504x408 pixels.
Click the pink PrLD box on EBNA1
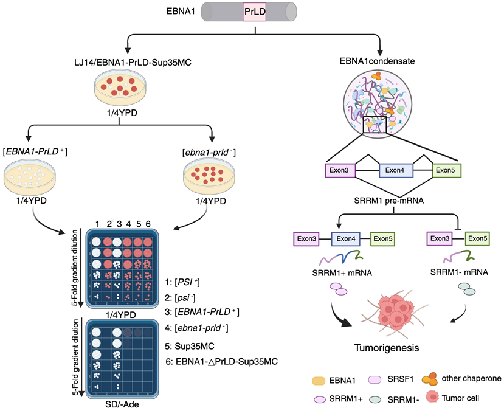pyautogui.click(x=255, y=12)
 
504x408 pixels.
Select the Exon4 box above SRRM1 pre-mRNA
pyautogui.click(x=396, y=170)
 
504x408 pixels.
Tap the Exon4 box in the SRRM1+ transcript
pyautogui.click(x=345, y=239)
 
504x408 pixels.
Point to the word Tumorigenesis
pyautogui.click(x=387, y=348)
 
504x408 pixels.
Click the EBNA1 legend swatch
pyautogui.click(x=319, y=381)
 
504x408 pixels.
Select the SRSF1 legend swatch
pyautogui.click(x=375, y=379)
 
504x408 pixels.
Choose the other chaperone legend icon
pyautogui.click(x=430, y=379)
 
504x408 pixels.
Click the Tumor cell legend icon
pyautogui.click(x=432, y=396)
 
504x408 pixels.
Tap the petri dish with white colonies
pyautogui.click(x=29, y=177)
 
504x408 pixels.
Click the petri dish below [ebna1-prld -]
pyautogui.click(x=209, y=177)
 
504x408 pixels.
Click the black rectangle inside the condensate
pyautogui.click(x=375, y=125)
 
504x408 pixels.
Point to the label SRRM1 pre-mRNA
pyautogui.click(x=388, y=201)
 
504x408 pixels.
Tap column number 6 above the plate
pyautogui.click(x=148, y=224)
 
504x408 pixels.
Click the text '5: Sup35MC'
pyautogui.click(x=190, y=346)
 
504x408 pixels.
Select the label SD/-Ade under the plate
pyautogui.click(x=122, y=404)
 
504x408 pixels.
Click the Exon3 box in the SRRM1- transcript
pyautogui.click(x=440, y=238)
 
